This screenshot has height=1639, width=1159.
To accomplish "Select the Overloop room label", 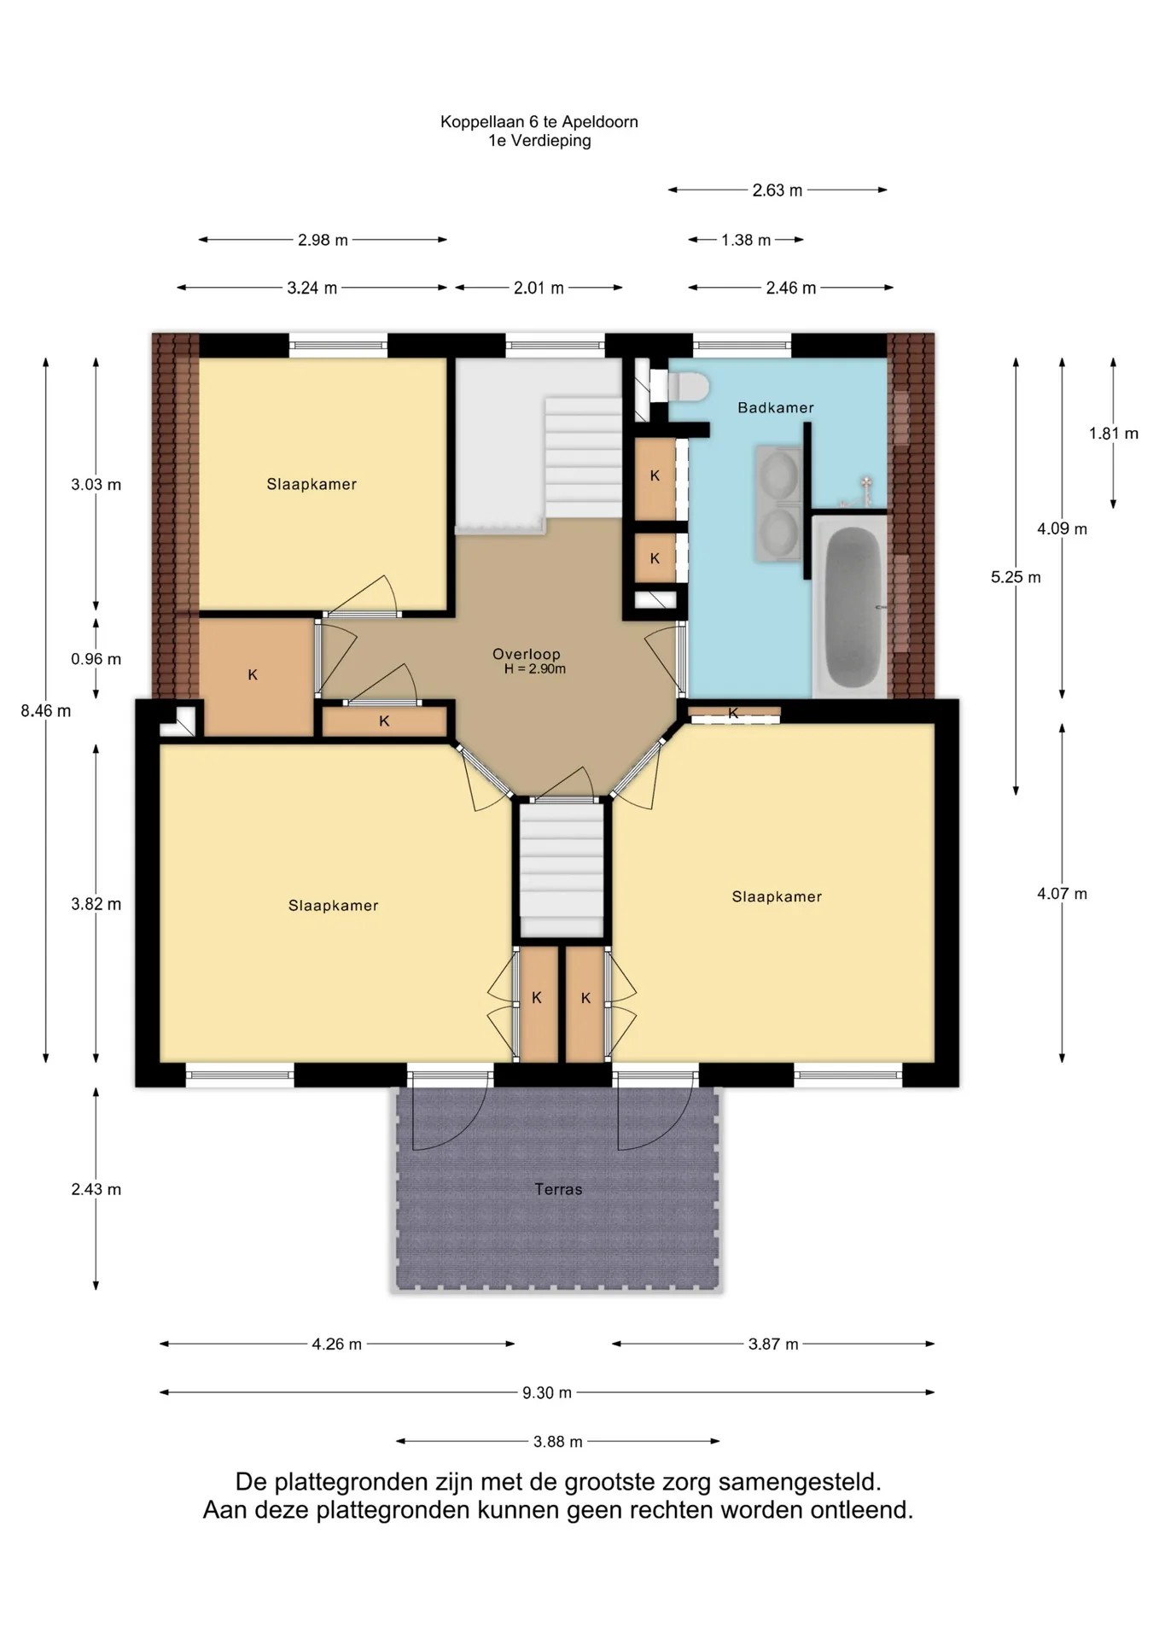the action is [527, 654].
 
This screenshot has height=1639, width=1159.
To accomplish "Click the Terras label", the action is [558, 1189].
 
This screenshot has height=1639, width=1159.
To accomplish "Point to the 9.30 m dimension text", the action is [547, 1393].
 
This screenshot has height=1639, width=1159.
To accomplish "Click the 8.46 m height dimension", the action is [46, 710].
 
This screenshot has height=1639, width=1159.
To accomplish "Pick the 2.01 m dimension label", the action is [539, 288].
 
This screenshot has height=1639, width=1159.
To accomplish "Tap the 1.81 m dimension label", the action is [1114, 434].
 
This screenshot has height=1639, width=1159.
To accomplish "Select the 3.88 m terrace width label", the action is [558, 1442].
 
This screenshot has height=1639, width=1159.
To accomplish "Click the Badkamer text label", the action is [776, 408].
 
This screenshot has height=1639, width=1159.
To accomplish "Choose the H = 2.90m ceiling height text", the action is [535, 669].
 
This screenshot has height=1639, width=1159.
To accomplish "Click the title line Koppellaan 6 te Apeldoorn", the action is [539, 122].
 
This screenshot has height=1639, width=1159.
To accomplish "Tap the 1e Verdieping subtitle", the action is [539, 141].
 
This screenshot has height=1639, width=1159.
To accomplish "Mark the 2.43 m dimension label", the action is [96, 1189].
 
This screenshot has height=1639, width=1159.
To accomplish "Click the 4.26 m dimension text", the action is [337, 1344].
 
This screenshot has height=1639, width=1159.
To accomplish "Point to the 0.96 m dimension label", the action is [96, 659].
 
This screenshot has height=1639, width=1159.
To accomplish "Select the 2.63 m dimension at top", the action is [778, 190].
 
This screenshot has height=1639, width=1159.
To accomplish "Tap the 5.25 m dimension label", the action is [1016, 577].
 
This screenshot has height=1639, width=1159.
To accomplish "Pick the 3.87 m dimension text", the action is [773, 1344].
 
